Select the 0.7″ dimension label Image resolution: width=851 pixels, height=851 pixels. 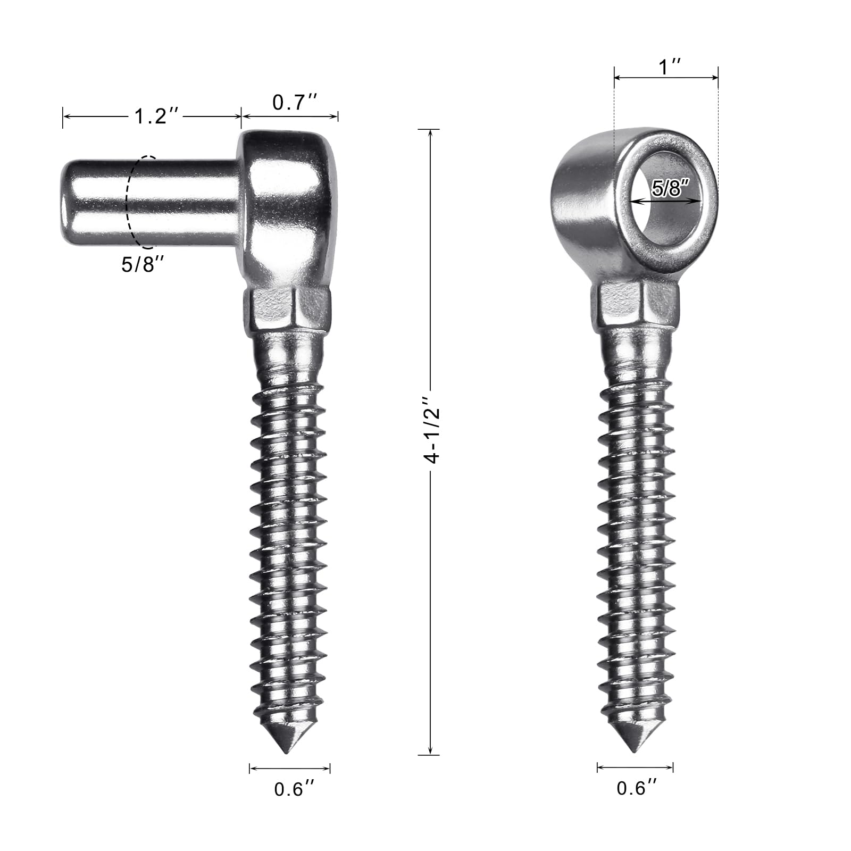pos(295,102)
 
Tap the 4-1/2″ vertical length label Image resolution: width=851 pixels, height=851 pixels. pos(433,430)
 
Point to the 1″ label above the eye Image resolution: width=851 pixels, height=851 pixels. pos(670,67)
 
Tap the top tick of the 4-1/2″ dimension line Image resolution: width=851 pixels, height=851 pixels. pos(429,129)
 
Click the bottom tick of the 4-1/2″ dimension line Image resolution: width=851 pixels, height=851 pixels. pos(429,754)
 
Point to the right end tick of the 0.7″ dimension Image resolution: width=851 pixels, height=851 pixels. pos(338,116)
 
